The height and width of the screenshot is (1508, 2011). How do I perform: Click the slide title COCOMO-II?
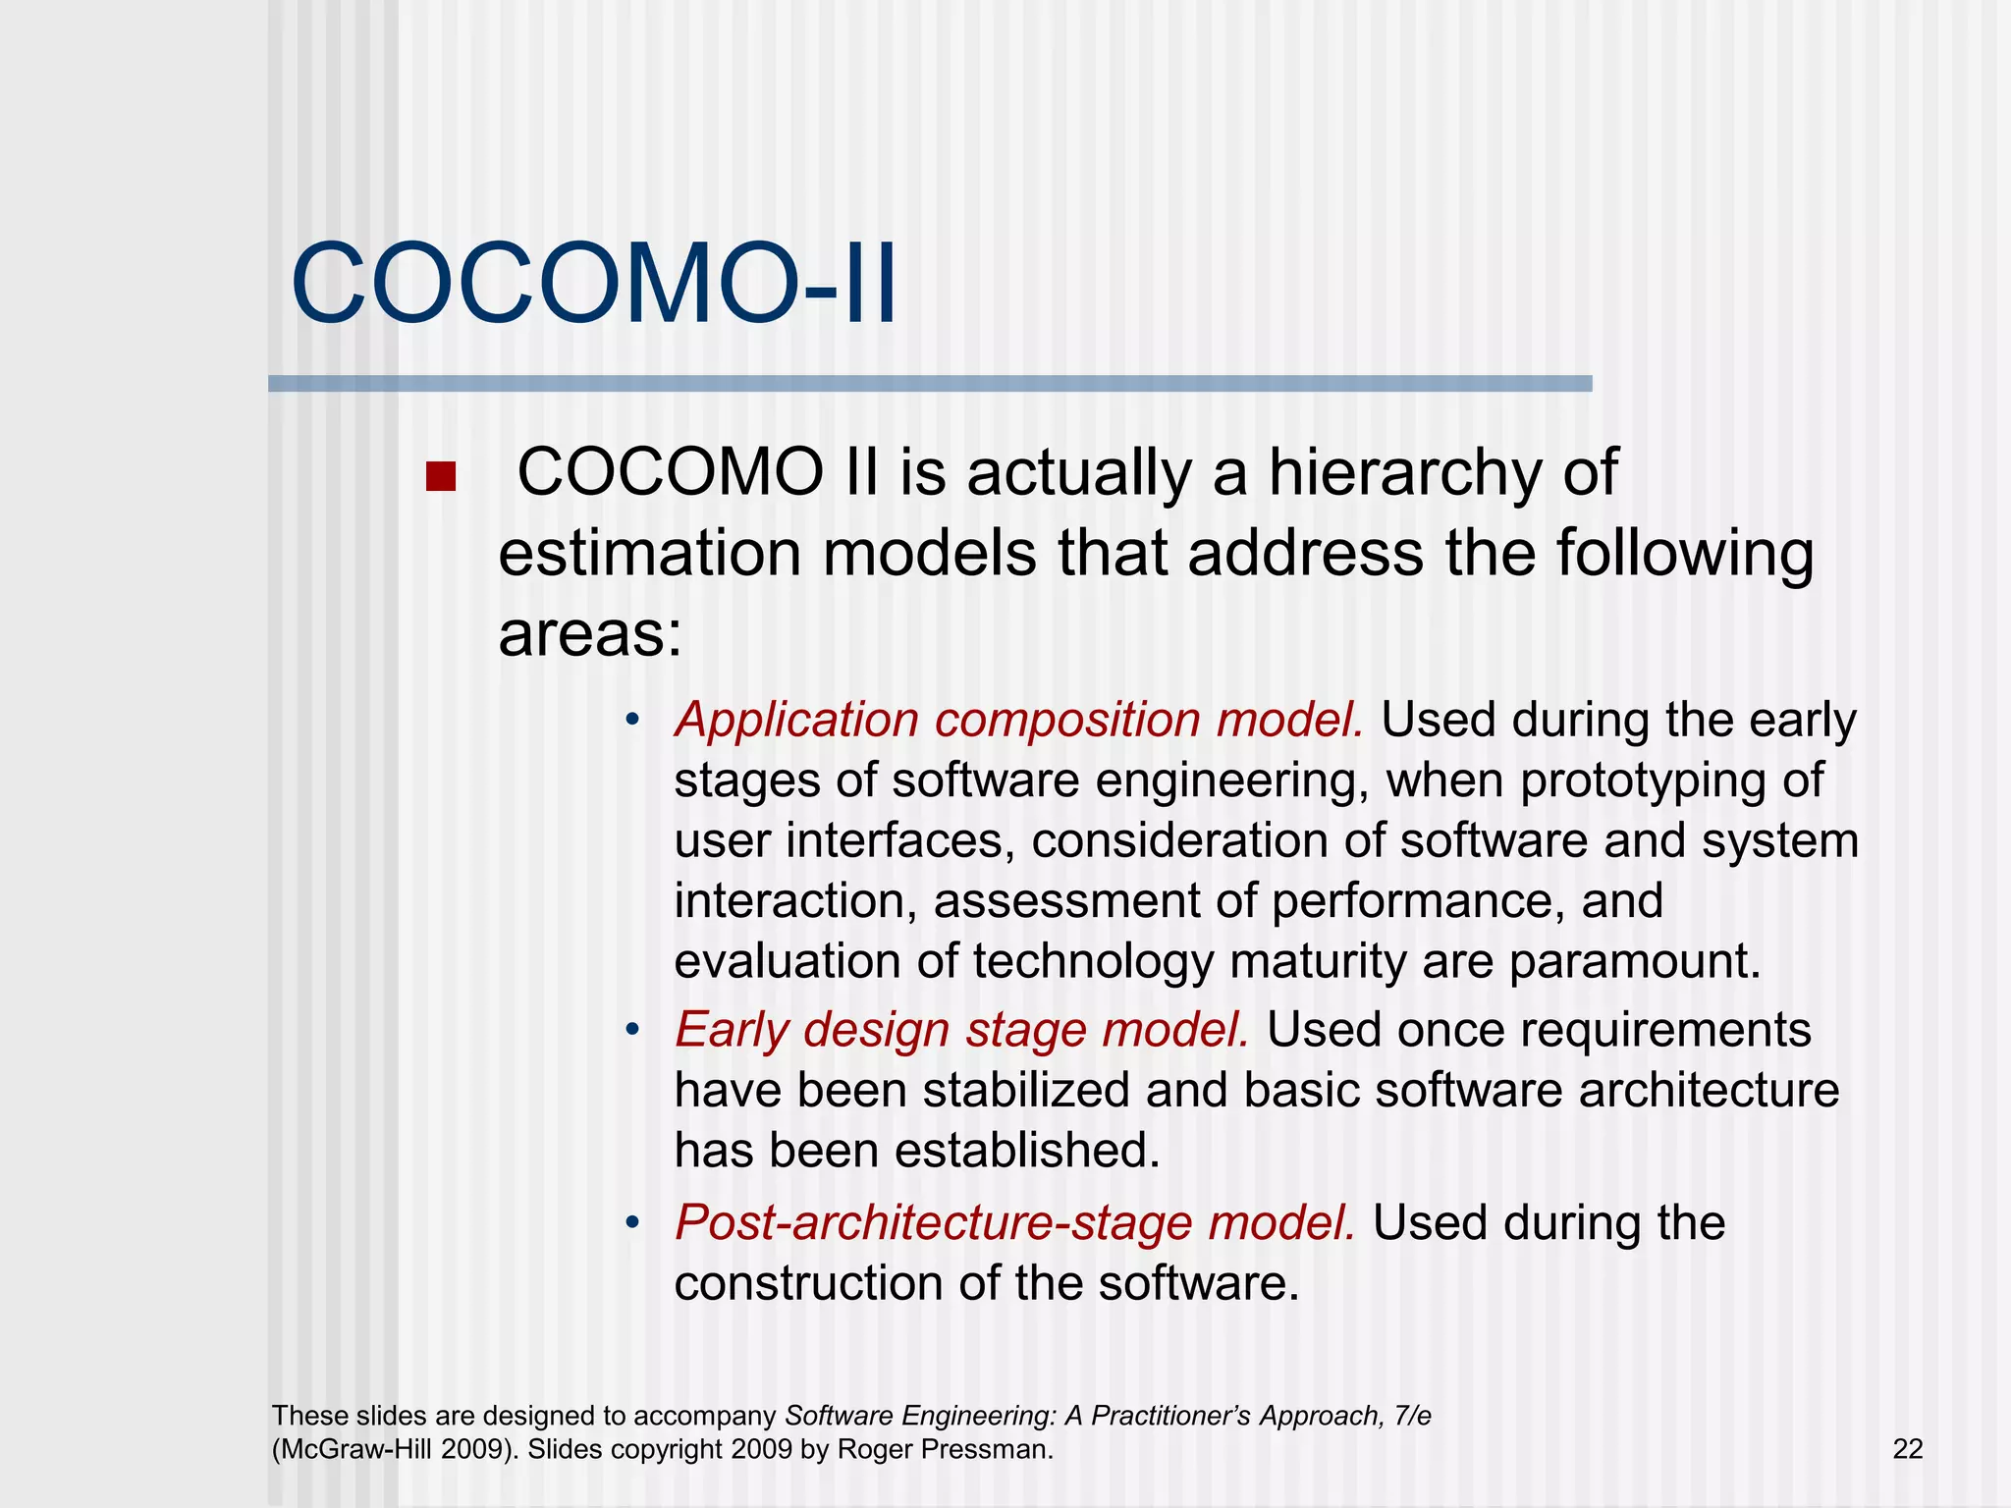click(594, 285)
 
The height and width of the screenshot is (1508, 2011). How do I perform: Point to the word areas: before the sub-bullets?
click(589, 634)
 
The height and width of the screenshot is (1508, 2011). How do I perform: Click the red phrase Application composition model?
click(1018, 720)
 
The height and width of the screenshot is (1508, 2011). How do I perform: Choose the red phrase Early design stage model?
click(961, 1030)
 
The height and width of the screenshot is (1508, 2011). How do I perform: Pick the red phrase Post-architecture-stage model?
click(1014, 1223)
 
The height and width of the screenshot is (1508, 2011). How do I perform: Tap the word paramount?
click(1634, 961)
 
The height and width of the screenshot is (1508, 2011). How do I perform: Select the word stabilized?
click(1025, 1091)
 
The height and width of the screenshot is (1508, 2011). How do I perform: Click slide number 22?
click(1907, 1449)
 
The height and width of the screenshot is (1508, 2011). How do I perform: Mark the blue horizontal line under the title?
click(929, 384)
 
